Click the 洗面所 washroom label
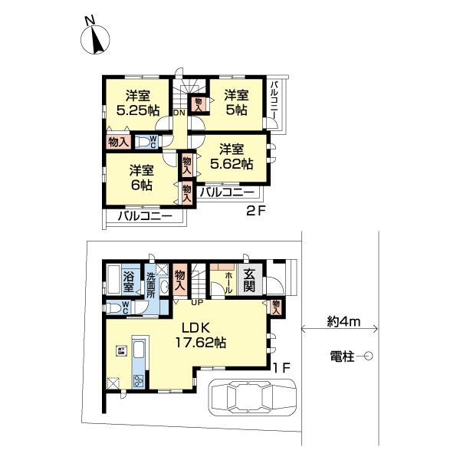[150, 285]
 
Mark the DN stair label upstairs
[178, 113]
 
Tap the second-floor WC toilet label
[153, 142]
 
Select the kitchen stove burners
[139, 381]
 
